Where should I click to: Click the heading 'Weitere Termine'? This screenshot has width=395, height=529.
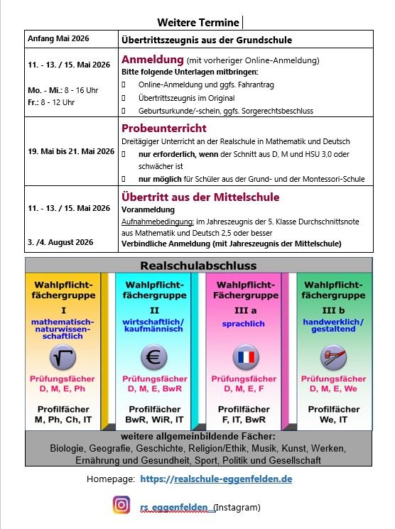point(199,23)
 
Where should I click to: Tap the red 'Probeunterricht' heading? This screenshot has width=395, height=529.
point(164,129)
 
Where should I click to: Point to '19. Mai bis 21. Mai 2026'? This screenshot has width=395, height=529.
point(71,151)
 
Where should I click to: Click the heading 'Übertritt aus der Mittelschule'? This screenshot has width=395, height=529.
point(200,197)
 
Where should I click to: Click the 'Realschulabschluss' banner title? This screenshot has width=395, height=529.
point(198,265)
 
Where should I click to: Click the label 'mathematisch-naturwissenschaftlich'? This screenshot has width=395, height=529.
point(63,329)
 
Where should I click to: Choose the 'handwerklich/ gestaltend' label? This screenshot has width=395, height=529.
point(333,326)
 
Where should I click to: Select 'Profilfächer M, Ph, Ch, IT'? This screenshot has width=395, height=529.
point(63,415)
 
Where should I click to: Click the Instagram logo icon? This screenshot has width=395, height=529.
point(122,506)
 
